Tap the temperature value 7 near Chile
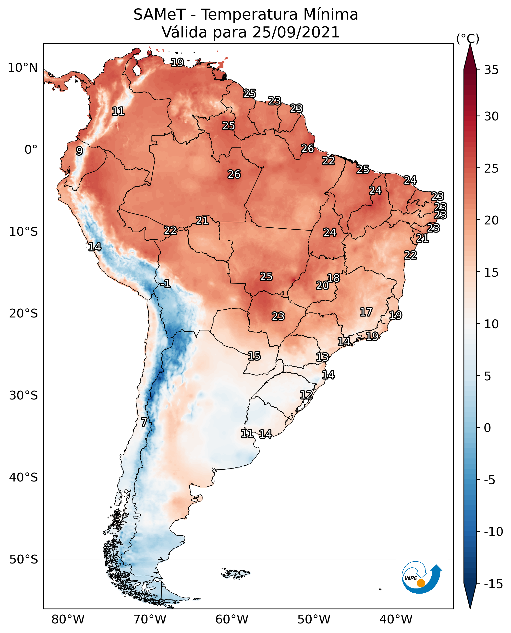pos(144,422)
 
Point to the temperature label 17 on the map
pos(366,312)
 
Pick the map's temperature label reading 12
pos(306,395)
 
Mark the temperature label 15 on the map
pos(254,356)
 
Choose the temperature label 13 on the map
pos(322,357)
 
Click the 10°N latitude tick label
pos(23,68)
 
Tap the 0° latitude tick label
pos(31,150)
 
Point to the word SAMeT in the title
pos(159,15)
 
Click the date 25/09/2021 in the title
pos(296,32)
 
